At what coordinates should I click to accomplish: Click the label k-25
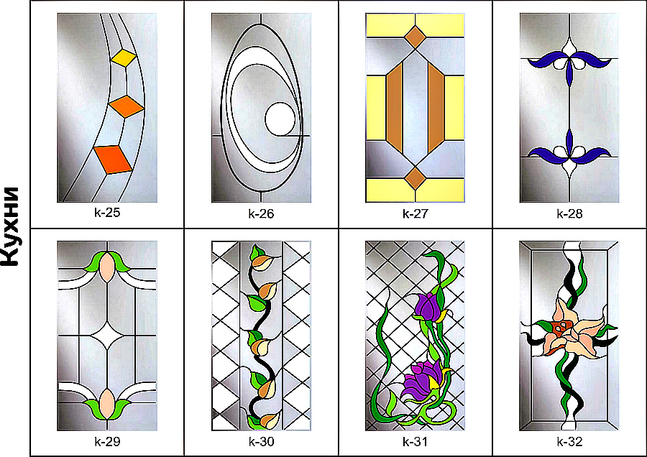(x=107, y=213)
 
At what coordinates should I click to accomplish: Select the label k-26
(x=261, y=213)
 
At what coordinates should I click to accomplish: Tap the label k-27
(x=415, y=213)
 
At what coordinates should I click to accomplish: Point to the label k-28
(x=569, y=213)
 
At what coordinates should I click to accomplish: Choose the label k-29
(x=107, y=441)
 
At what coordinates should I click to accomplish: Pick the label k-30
(x=261, y=441)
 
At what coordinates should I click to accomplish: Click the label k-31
(x=415, y=441)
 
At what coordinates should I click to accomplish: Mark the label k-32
(x=569, y=441)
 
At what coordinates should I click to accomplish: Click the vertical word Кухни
(x=10, y=227)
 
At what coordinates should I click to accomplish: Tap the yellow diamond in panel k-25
(x=124, y=57)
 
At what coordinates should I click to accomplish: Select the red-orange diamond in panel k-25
(x=113, y=160)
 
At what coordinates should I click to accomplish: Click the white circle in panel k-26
(x=280, y=119)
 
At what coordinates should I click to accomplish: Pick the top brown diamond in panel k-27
(x=415, y=37)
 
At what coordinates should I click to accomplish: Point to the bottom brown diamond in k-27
(x=415, y=178)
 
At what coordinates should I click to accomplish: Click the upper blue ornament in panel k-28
(x=569, y=63)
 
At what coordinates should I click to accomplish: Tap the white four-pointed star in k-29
(x=107, y=336)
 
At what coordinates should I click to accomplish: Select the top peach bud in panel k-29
(x=107, y=267)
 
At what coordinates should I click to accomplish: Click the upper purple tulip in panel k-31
(x=429, y=308)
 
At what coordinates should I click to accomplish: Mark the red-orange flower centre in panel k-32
(x=560, y=329)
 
